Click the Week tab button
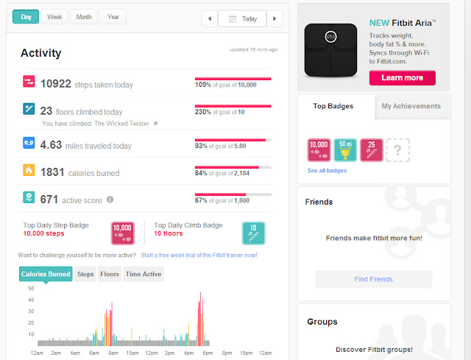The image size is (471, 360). [54, 17]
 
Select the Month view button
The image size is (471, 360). [83, 17]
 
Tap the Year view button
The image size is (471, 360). [113, 17]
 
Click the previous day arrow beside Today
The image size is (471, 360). [210, 18]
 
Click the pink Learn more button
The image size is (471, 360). [403, 78]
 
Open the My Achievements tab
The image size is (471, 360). [411, 106]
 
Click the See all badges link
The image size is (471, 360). [327, 171]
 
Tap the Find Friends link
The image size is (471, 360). [373, 279]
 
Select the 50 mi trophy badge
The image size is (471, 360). [345, 150]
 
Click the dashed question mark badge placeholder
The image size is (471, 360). [397, 150]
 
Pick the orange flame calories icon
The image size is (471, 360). [29, 170]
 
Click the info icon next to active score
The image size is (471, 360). [110, 200]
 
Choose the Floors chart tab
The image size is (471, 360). [110, 274]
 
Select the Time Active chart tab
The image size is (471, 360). [144, 274]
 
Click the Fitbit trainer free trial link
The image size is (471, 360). [199, 255]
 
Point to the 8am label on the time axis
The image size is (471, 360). [113, 353]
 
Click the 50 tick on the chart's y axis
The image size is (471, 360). [31, 289]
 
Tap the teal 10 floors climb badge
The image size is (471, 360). [253, 233]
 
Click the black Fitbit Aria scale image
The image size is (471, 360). [330, 50]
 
